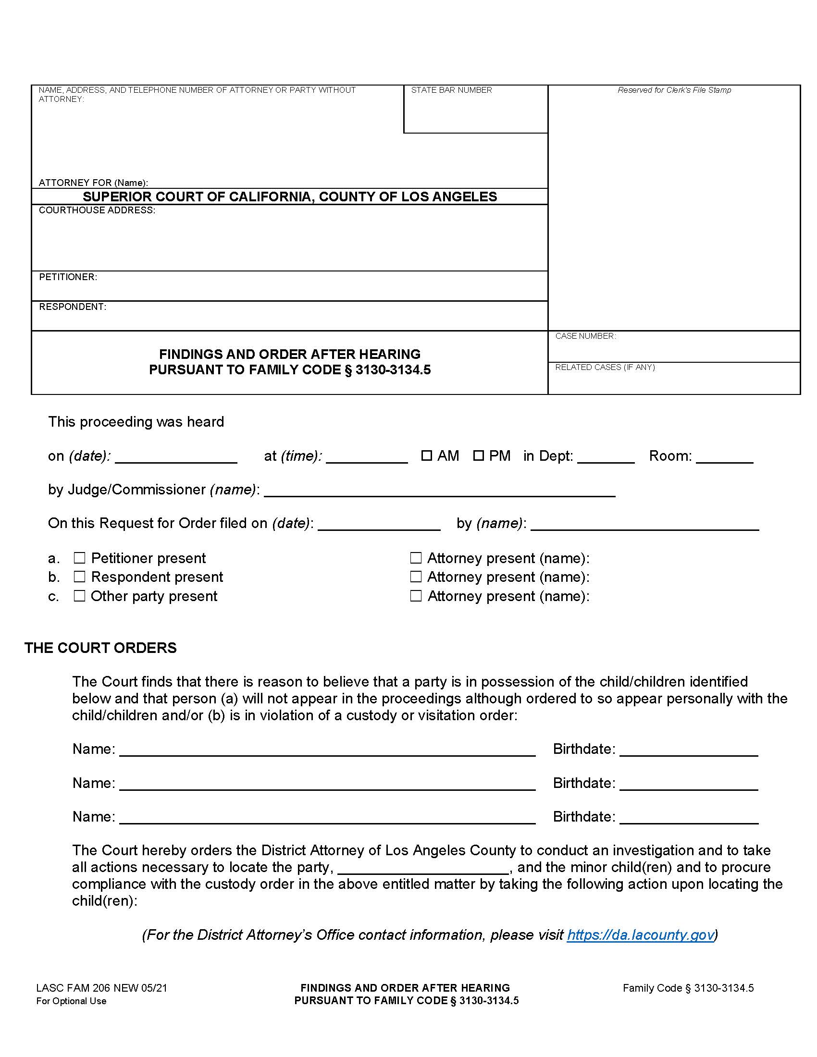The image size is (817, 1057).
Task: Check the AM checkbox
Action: [426, 455]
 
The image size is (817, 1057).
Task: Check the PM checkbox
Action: [478, 455]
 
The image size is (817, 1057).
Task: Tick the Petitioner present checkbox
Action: [79, 558]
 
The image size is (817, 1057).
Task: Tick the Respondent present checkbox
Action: [79, 577]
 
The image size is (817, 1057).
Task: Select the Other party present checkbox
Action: [79, 595]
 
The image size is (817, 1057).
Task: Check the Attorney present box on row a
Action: [416, 558]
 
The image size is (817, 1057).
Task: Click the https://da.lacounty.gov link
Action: [640, 934]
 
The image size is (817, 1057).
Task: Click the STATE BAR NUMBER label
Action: [451, 90]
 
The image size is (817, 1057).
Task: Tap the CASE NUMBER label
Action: [585, 336]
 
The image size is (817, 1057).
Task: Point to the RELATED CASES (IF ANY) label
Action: [605, 367]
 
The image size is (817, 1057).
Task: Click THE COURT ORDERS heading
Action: [100, 648]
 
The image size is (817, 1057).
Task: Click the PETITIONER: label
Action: [68, 277]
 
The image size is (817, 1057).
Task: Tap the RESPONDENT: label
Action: [73, 307]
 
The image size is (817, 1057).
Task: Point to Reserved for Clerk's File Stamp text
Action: [674, 90]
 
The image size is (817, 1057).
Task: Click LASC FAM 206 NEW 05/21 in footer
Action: [101, 988]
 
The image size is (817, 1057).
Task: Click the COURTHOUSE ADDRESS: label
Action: [97, 210]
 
